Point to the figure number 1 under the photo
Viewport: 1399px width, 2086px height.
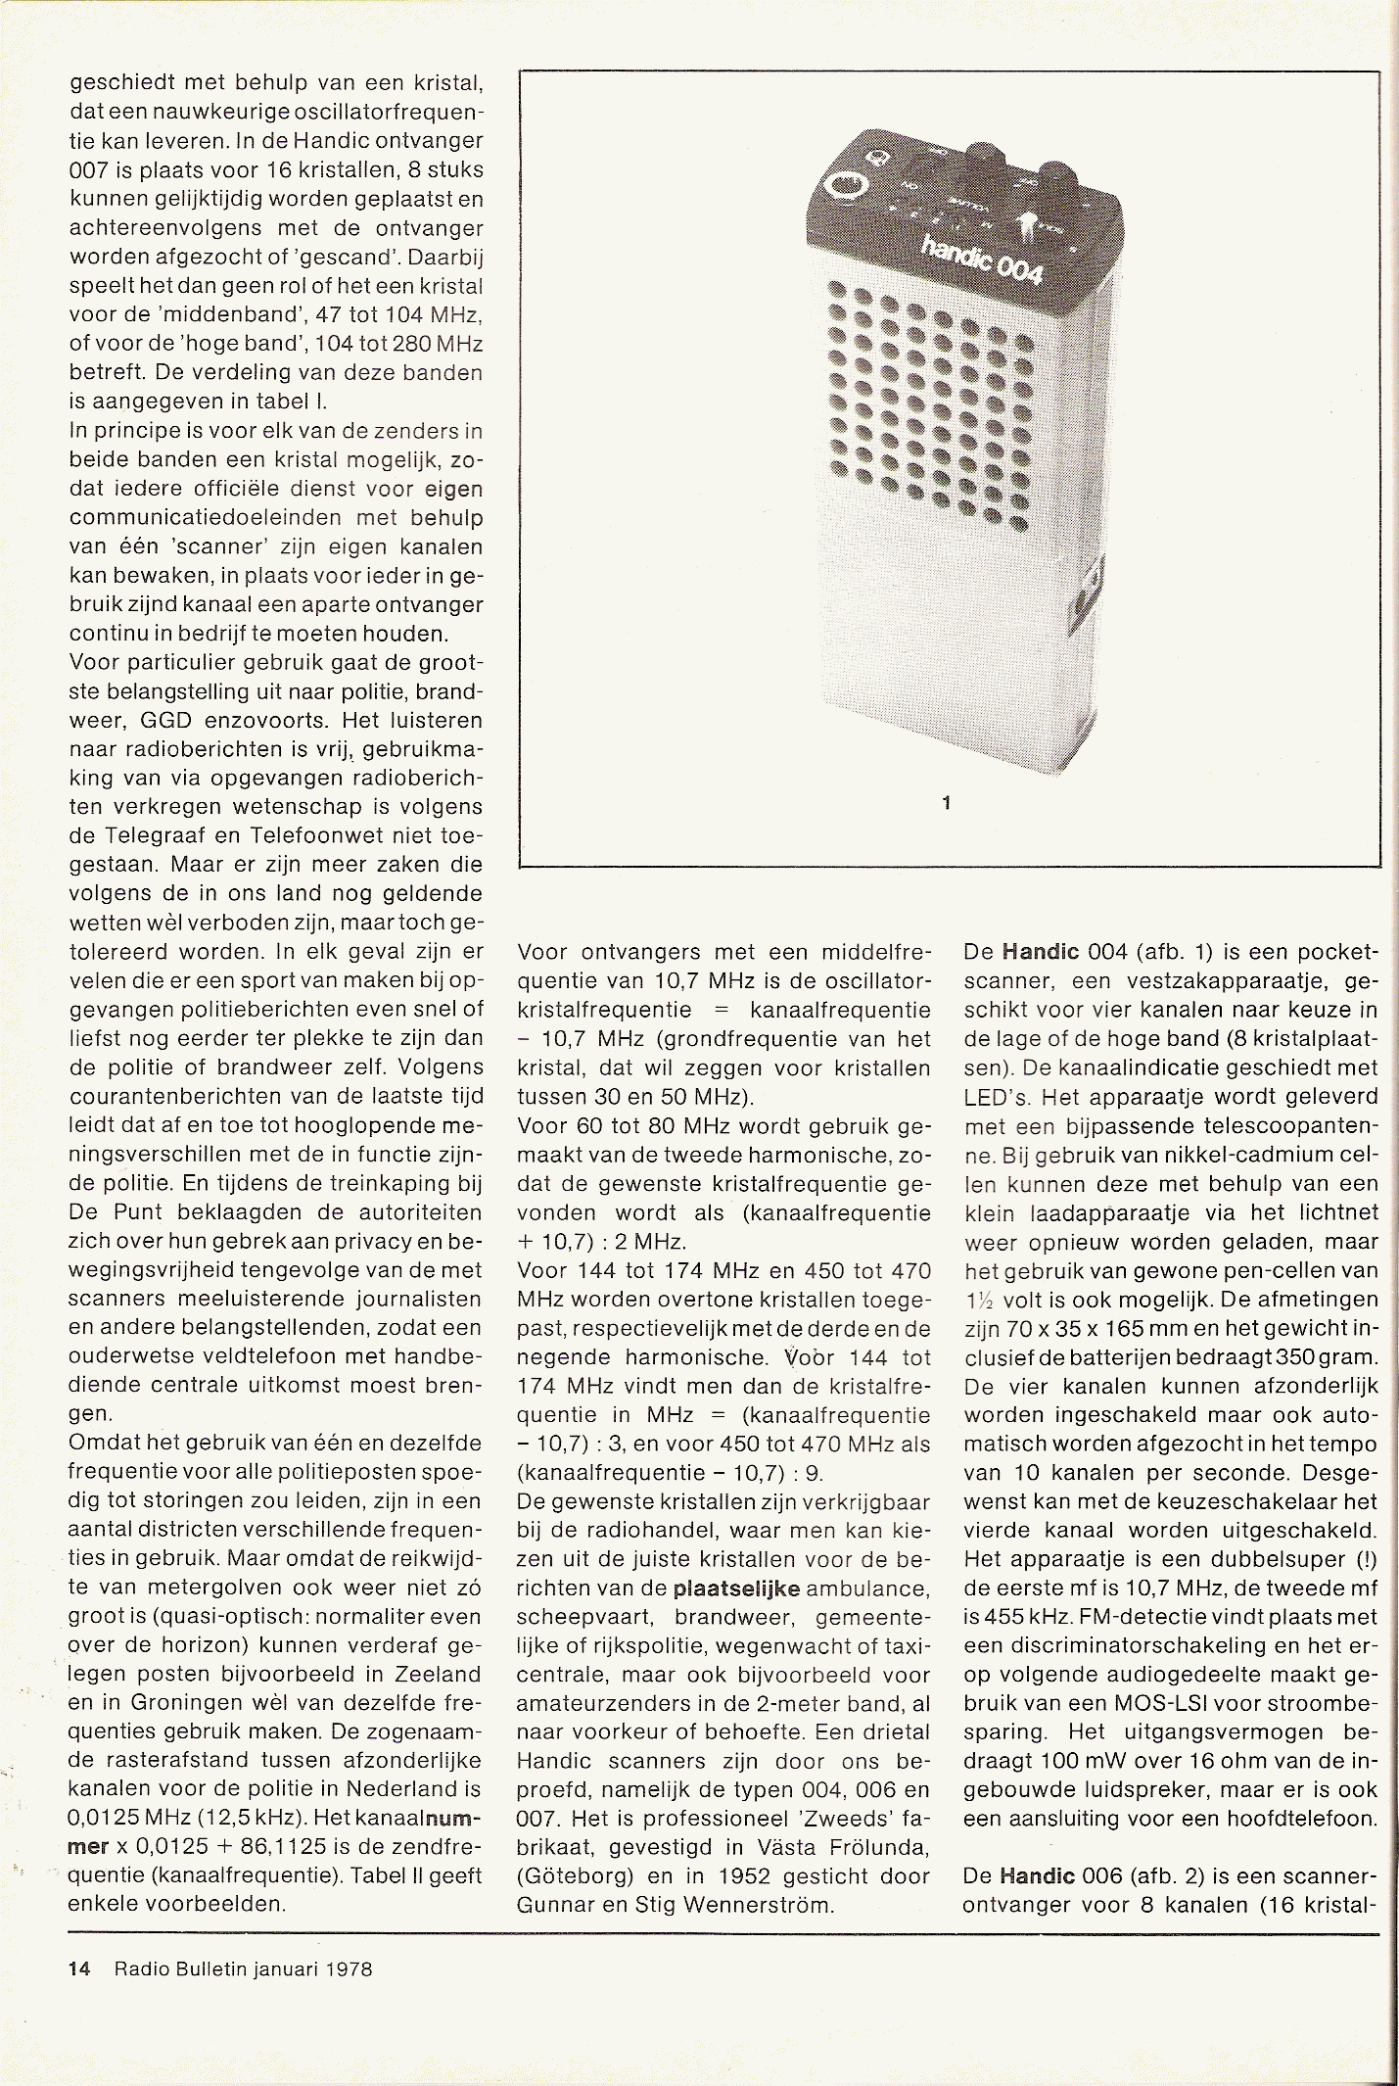pos(947,803)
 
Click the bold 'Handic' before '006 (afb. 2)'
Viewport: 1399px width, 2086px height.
pos(1039,1876)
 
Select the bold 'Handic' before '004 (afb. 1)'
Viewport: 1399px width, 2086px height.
pos(1039,952)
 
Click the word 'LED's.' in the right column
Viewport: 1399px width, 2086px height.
pos(997,1097)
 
